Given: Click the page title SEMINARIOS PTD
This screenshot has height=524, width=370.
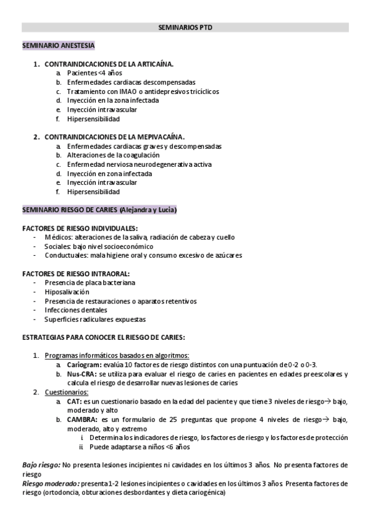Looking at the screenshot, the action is point(185,28).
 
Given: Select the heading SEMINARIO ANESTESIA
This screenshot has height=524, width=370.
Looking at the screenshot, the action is point(59,45).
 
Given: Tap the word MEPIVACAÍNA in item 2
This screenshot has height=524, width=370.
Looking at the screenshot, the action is point(158,137).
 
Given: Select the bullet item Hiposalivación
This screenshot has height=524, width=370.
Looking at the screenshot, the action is point(67,292).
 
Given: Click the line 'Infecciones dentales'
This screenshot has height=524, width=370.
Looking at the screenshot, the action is point(75,310).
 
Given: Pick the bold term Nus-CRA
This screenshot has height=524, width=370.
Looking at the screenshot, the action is point(82,374).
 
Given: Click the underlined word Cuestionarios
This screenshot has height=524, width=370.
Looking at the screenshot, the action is point(66,392).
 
